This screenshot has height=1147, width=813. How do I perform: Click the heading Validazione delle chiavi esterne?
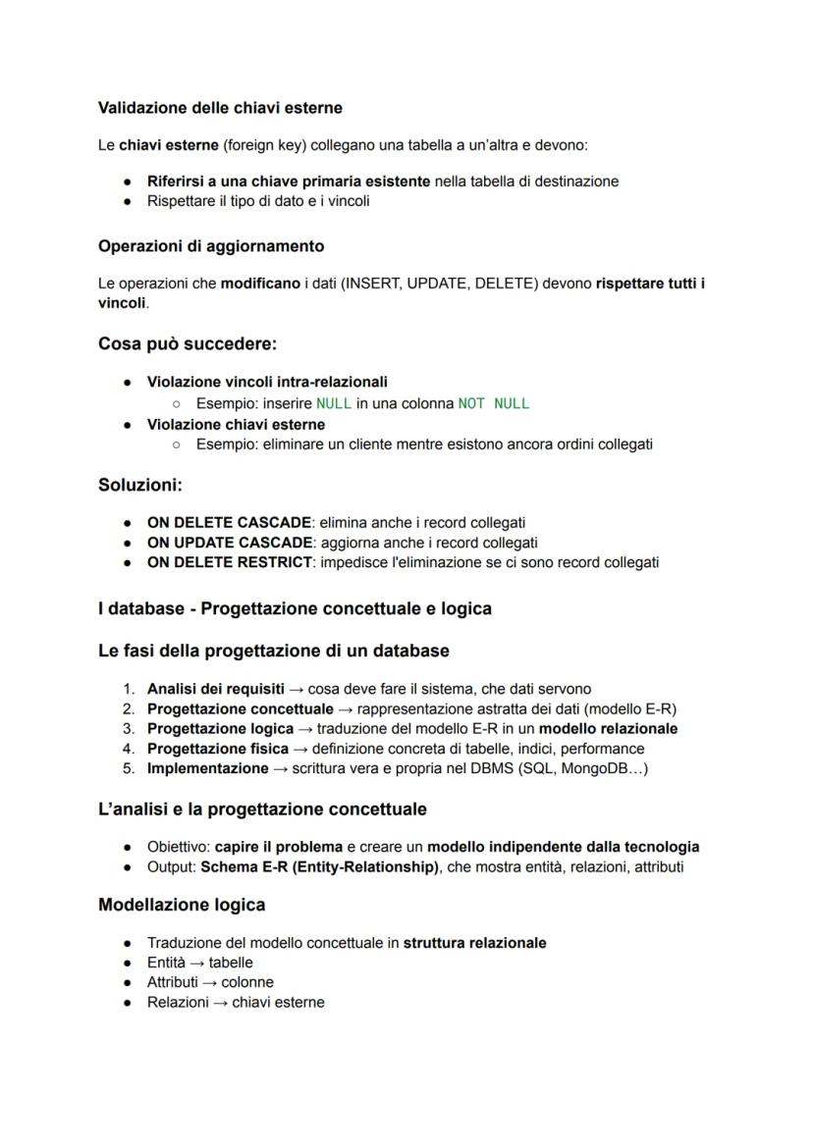click(220, 107)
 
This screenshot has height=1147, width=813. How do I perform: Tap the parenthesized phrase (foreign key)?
click(265, 145)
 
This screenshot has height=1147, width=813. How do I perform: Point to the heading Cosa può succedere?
click(188, 344)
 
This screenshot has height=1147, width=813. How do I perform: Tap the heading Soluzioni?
click(140, 484)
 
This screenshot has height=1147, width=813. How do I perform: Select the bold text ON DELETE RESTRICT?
click(228, 562)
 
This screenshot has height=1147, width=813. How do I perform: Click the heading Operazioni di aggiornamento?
click(211, 245)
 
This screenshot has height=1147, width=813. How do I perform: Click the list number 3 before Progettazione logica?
click(128, 729)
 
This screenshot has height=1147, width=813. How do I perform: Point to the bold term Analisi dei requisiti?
click(215, 689)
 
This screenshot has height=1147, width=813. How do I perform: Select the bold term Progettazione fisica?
click(217, 749)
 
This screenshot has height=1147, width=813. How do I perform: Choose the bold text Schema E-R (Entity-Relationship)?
click(319, 866)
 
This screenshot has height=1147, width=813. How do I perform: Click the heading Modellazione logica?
click(182, 904)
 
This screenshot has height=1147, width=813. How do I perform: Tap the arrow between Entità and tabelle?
click(197, 963)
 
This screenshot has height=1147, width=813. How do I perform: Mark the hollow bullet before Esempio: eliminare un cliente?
click(176, 444)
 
